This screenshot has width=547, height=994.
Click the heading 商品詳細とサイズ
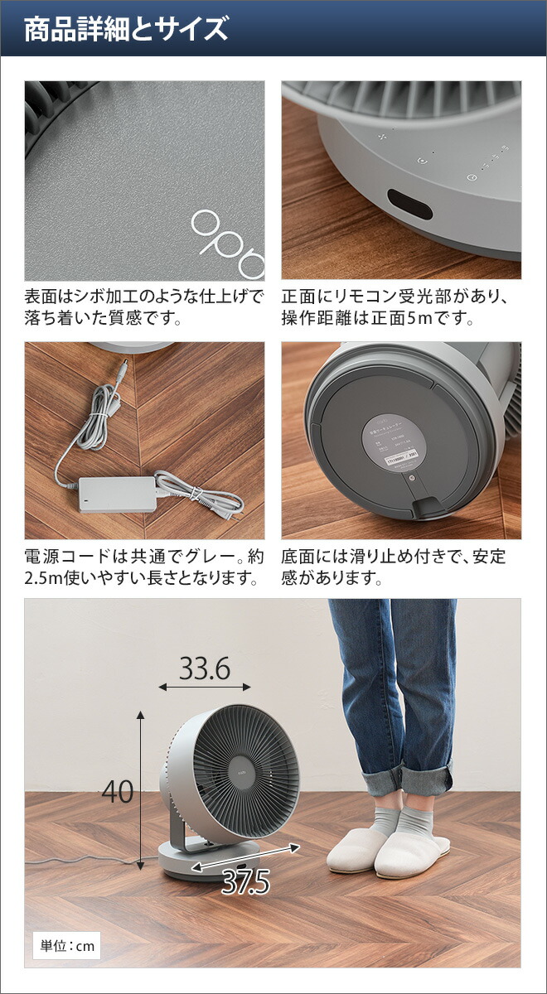point(125,30)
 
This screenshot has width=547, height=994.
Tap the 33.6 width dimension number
point(205,668)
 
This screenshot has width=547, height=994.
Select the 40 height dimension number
point(117,792)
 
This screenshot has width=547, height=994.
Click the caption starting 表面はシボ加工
point(144,306)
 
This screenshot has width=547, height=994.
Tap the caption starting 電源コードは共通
point(144,567)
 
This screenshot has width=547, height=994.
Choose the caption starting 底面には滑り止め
point(394,567)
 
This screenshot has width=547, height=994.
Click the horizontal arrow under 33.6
point(205,688)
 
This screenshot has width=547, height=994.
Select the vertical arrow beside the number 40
point(141,791)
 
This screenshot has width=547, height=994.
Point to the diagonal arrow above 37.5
point(246,858)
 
